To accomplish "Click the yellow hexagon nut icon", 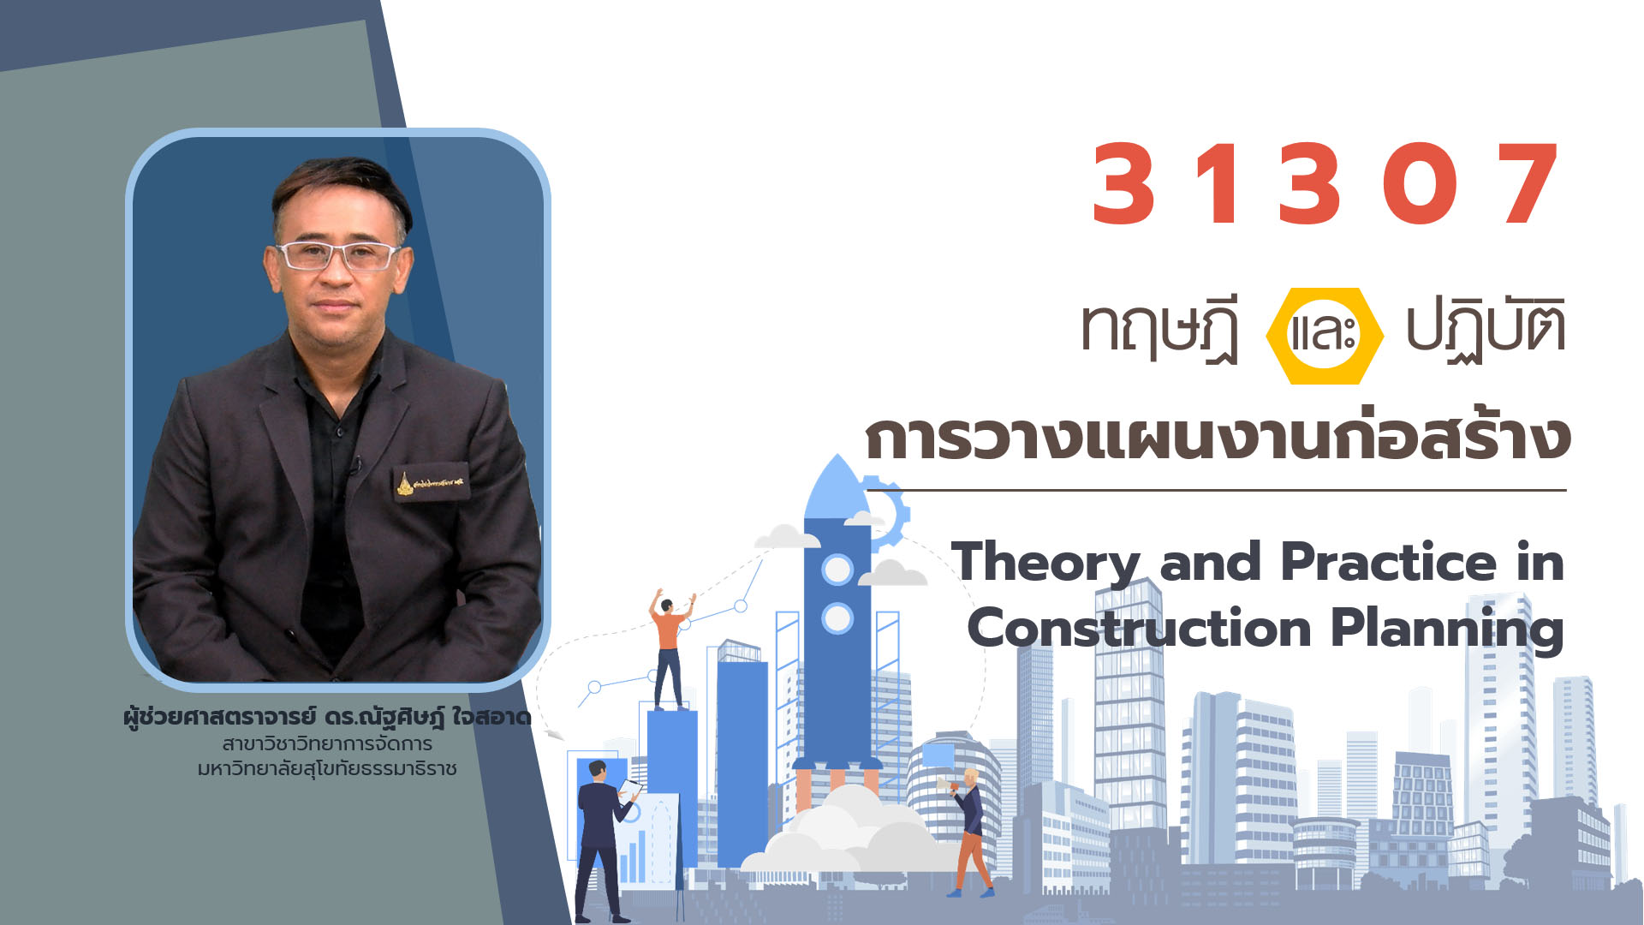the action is [x=1324, y=336].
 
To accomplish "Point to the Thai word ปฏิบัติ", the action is [x=1486, y=328].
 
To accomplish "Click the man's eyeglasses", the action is [x=337, y=255].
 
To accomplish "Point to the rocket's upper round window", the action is [x=837, y=570].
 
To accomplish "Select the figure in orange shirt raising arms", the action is [x=670, y=648].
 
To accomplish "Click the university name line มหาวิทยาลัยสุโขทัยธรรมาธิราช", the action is [x=327, y=768].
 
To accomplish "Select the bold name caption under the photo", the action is [x=327, y=718].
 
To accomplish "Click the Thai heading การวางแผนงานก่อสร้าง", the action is [x=1218, y=437].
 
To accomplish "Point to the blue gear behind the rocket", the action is [x=890, y=512].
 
